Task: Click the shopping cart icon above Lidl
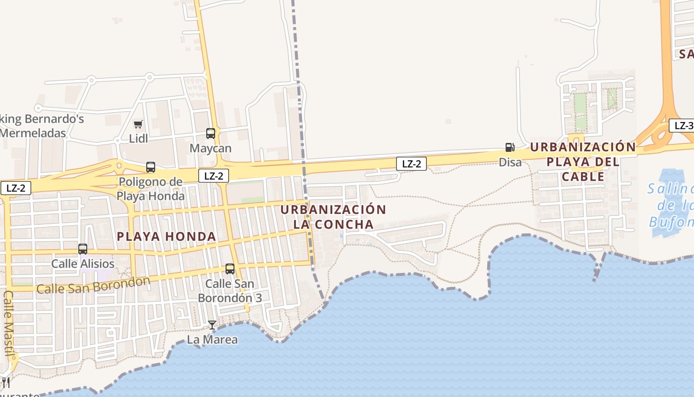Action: pyautogui.click(x=138, y=124)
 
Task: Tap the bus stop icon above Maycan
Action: pyautogui.click(x=211, y=133)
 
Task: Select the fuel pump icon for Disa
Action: pyautogui.click(x=510, y=147)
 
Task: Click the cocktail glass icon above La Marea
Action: pyautogui.click(x=212, y=325)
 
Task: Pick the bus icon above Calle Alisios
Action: pyautogui.click(x=83, y=249)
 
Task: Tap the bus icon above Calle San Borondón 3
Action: pyautogui.click(x=230, y=269)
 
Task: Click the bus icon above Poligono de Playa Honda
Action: pyautogui.click(x=151, y=167)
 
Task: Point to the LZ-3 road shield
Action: pyautogui.click(x=683, y=126)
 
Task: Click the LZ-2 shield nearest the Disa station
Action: pyautogui.click(x=411, y=164)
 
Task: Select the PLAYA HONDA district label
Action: pyautogui.click(x=167, y=237)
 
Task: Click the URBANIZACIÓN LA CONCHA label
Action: pyautogui.click(x=333, y=217)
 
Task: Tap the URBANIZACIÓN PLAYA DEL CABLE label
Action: pyautogui.click(x=583, y=162)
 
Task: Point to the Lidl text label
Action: pyautogui.click(x=138, y=138)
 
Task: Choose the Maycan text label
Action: pyautogui.click(x=211, y=148)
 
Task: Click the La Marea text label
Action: pyautogui.click(x=212, y=340)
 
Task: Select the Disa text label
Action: pyautogui.click(x=510, y=162)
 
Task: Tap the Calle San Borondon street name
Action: pyautogui.click(x=93, y=285)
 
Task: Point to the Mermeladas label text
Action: pyautogui.click(x=33, y=133)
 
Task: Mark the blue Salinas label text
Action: pyautogui.click(x=670, y=189)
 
